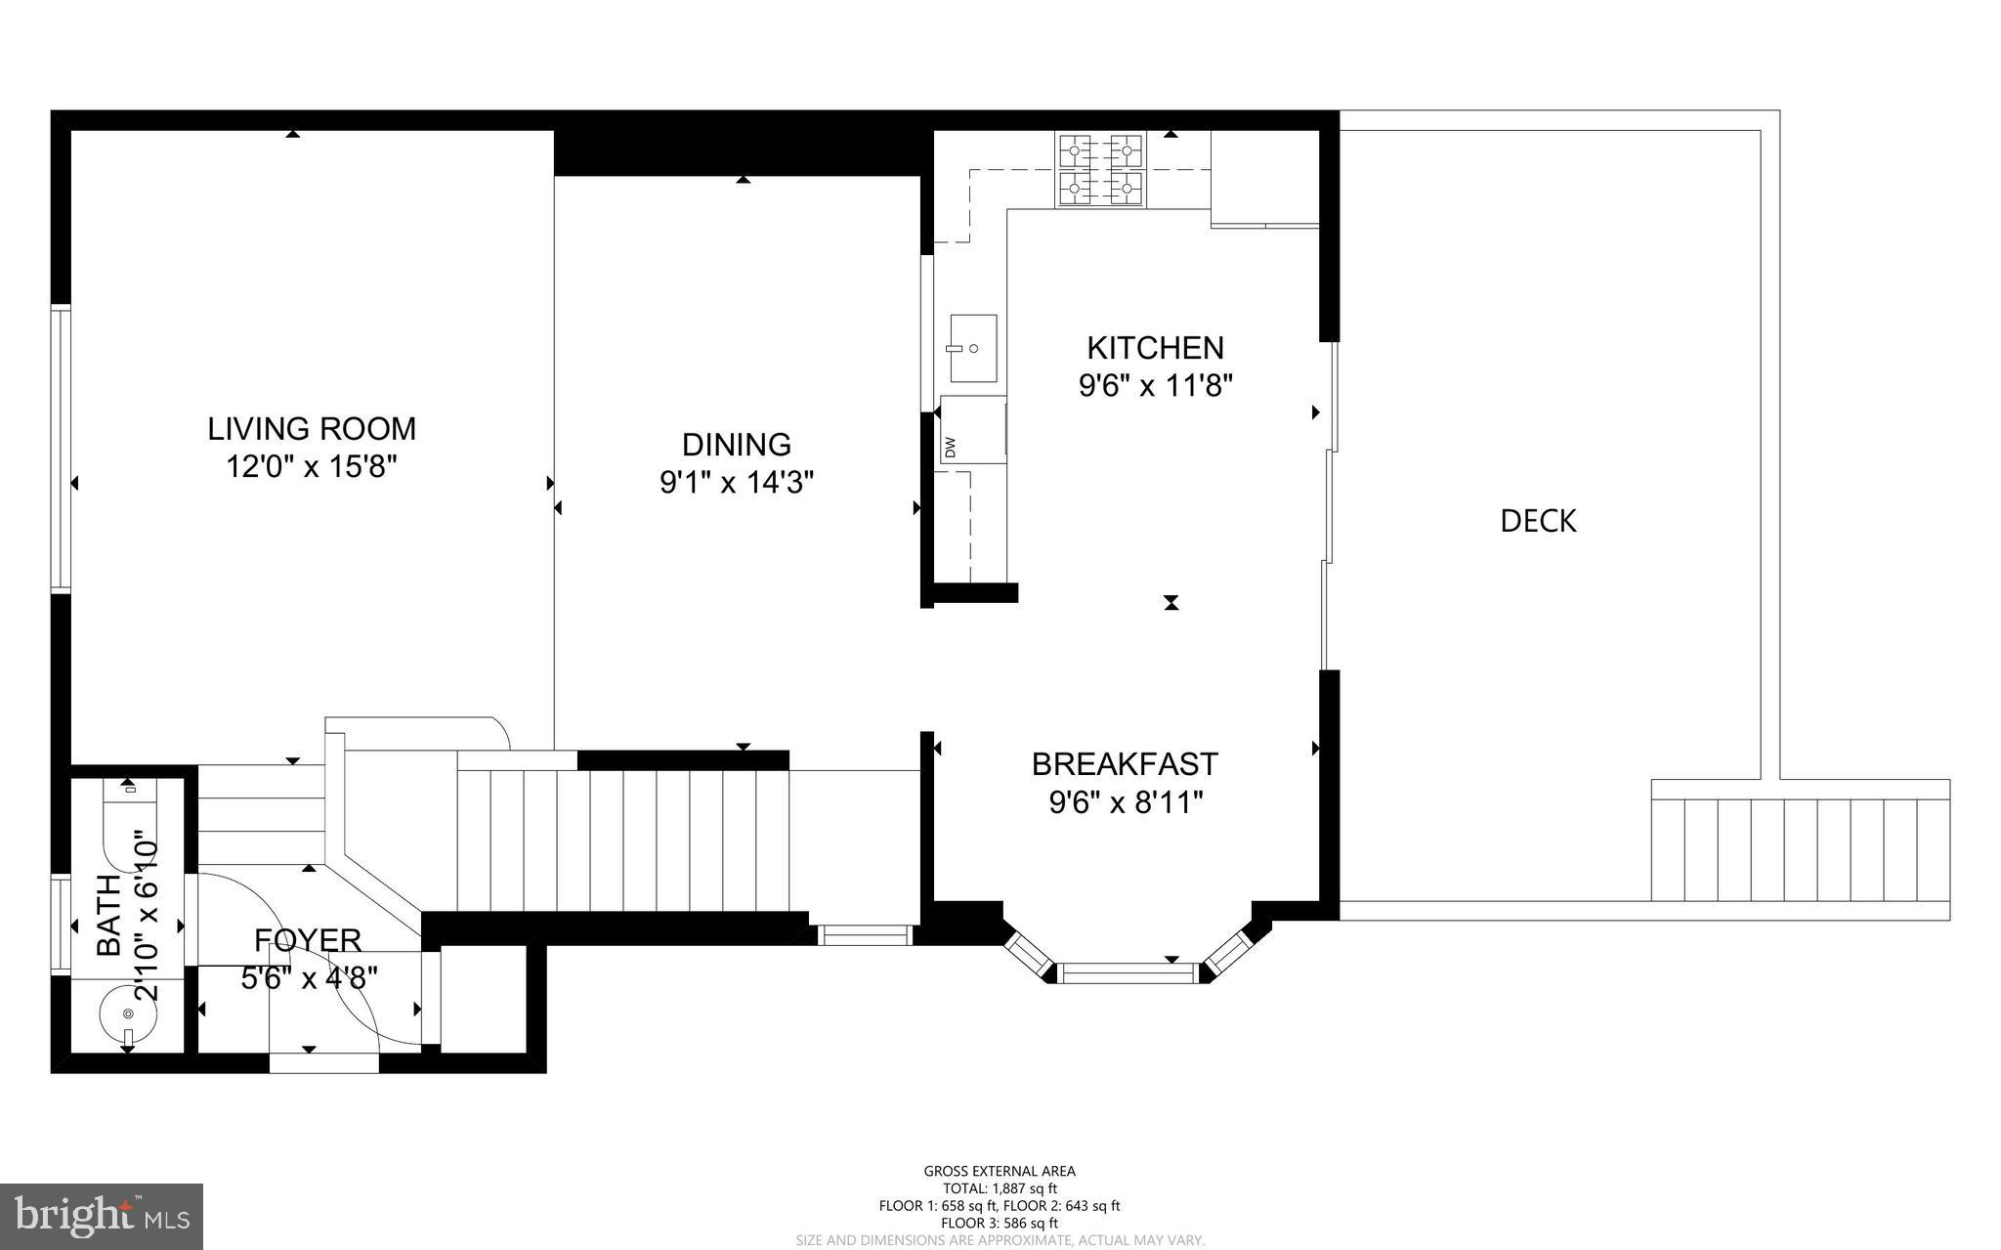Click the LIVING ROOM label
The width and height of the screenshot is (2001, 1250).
[x=312, y=429]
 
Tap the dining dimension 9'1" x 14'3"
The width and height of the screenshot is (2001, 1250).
[x=737, y=483]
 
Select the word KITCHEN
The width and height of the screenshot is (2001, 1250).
[x=1155, y=348]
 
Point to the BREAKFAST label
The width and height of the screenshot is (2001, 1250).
[x=1125, y=763]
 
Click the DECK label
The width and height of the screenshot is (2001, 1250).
[x=1538, y=521]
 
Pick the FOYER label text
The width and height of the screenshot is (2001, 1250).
[x=308, y=940]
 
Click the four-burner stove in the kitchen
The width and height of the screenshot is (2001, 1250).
[x=1100, y=170]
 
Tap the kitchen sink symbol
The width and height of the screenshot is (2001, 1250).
[x=973, y=348]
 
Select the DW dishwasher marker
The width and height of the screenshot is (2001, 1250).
[x=951, y=447]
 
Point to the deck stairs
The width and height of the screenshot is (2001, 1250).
[x=1800, y=849]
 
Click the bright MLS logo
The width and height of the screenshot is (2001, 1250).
[x=102, y=1216]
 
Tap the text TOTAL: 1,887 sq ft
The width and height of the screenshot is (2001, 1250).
[x=1000, y=1188]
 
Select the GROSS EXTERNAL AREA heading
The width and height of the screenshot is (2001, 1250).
[x=1000, y=1171]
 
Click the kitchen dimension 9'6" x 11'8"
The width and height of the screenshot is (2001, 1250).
[x=1155, y=387]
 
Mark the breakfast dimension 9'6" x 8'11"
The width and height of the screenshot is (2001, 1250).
[x=1125, y=803]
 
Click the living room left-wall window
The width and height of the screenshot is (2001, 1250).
[x=61, y=449]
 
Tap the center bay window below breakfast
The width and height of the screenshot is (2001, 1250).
[x=1128, y=972]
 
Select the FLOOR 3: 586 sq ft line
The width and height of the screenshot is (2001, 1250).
[x=1000, y=1223]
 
